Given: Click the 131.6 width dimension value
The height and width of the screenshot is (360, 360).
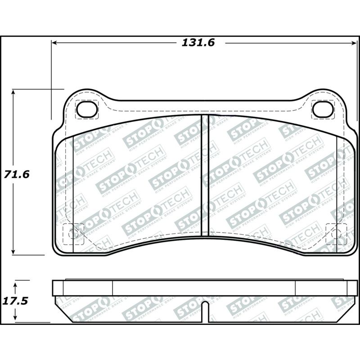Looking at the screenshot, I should click(198, 43).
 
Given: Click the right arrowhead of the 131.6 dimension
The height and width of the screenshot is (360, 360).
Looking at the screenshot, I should click(353, 43).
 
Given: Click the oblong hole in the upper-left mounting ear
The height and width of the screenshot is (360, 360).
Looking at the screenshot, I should click(87, 108).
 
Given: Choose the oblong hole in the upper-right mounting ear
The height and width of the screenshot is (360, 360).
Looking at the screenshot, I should click(323, 108).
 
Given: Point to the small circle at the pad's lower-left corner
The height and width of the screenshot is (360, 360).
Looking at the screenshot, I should click(74, 233).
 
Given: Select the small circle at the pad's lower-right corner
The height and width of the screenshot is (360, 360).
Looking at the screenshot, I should click(336, 233).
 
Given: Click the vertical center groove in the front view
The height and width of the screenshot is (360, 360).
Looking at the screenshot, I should click(205, 175).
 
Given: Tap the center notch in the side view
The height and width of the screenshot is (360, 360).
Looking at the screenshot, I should click(205, 310).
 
